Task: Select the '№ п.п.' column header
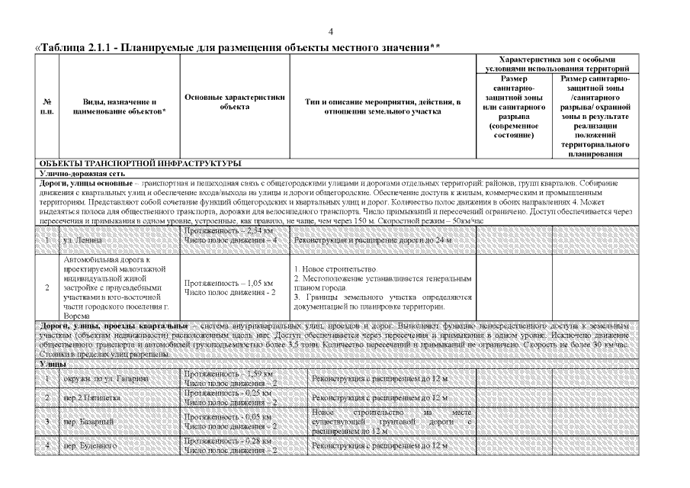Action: point(47,107)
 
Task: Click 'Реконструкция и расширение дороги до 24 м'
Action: point(374,240)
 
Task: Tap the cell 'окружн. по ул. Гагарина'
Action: point(106,379)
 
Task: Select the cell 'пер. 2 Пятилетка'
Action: point(91,398)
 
